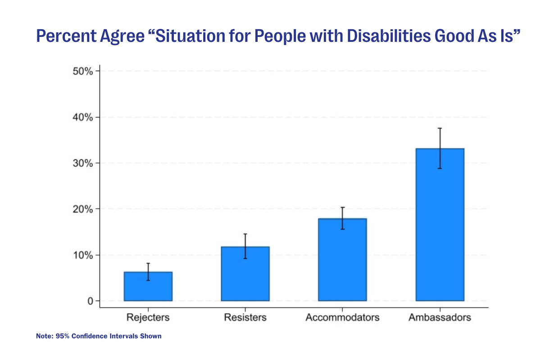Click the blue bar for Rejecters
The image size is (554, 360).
click(x=148, y=287)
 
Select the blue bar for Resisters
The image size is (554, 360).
click(x=245, y=274)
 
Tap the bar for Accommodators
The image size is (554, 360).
click(x=342, y=260)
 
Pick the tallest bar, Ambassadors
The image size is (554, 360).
click(x=440, y=225)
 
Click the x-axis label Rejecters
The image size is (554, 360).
click(x=148, y=317)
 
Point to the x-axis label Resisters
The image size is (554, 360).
click(x=245, y=317)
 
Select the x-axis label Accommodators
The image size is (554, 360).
click(x=342, y=317)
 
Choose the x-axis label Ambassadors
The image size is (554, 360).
click(x=440, y=317)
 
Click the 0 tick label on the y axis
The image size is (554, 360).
click(x=90, y=301)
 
